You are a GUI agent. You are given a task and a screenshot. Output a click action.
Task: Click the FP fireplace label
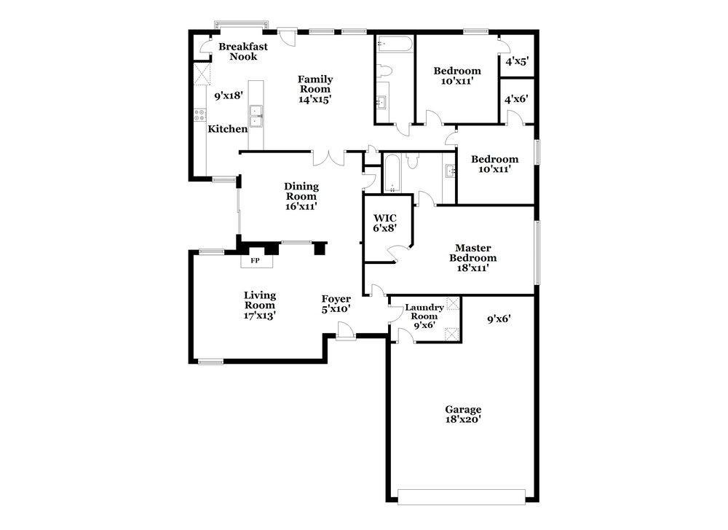(x=255, y=261)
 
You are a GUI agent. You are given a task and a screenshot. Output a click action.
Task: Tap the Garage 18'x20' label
(x=463, y=414)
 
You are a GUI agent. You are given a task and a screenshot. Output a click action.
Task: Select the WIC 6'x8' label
(x=385, y=222)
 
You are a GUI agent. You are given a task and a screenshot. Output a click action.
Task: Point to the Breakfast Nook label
(x=243, y=51)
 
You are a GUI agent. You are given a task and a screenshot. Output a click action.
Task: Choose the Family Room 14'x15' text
(x=315, y=89)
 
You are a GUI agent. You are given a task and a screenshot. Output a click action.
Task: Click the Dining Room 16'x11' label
(x=301, y=196)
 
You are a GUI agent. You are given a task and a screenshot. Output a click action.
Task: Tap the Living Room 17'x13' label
(x=260, y=305)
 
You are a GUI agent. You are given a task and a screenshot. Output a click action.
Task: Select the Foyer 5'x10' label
(x=336, y=303)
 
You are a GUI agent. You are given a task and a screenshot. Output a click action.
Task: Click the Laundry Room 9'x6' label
(x=424, y=316)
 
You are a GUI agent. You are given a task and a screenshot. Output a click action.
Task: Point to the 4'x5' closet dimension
(x=517, y=61)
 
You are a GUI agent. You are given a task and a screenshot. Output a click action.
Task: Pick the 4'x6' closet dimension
(x=516, y=98)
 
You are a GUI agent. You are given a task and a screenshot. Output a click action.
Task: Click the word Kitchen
(x=227, y=129)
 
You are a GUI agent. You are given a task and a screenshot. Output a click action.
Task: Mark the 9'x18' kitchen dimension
(x=229, y=96)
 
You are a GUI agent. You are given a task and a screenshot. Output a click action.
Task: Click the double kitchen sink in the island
(x=256, y=116)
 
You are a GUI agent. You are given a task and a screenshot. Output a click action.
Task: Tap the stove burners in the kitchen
(x=200, y=114)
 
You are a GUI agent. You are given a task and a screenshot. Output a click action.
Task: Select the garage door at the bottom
(x=462, y=496)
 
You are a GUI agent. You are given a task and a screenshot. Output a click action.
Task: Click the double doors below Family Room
(x=328, y=158)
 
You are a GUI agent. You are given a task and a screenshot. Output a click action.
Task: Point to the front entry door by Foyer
(x=345, y=332)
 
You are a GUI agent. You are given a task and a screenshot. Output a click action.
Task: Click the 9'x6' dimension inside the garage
(x=499, y=319)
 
